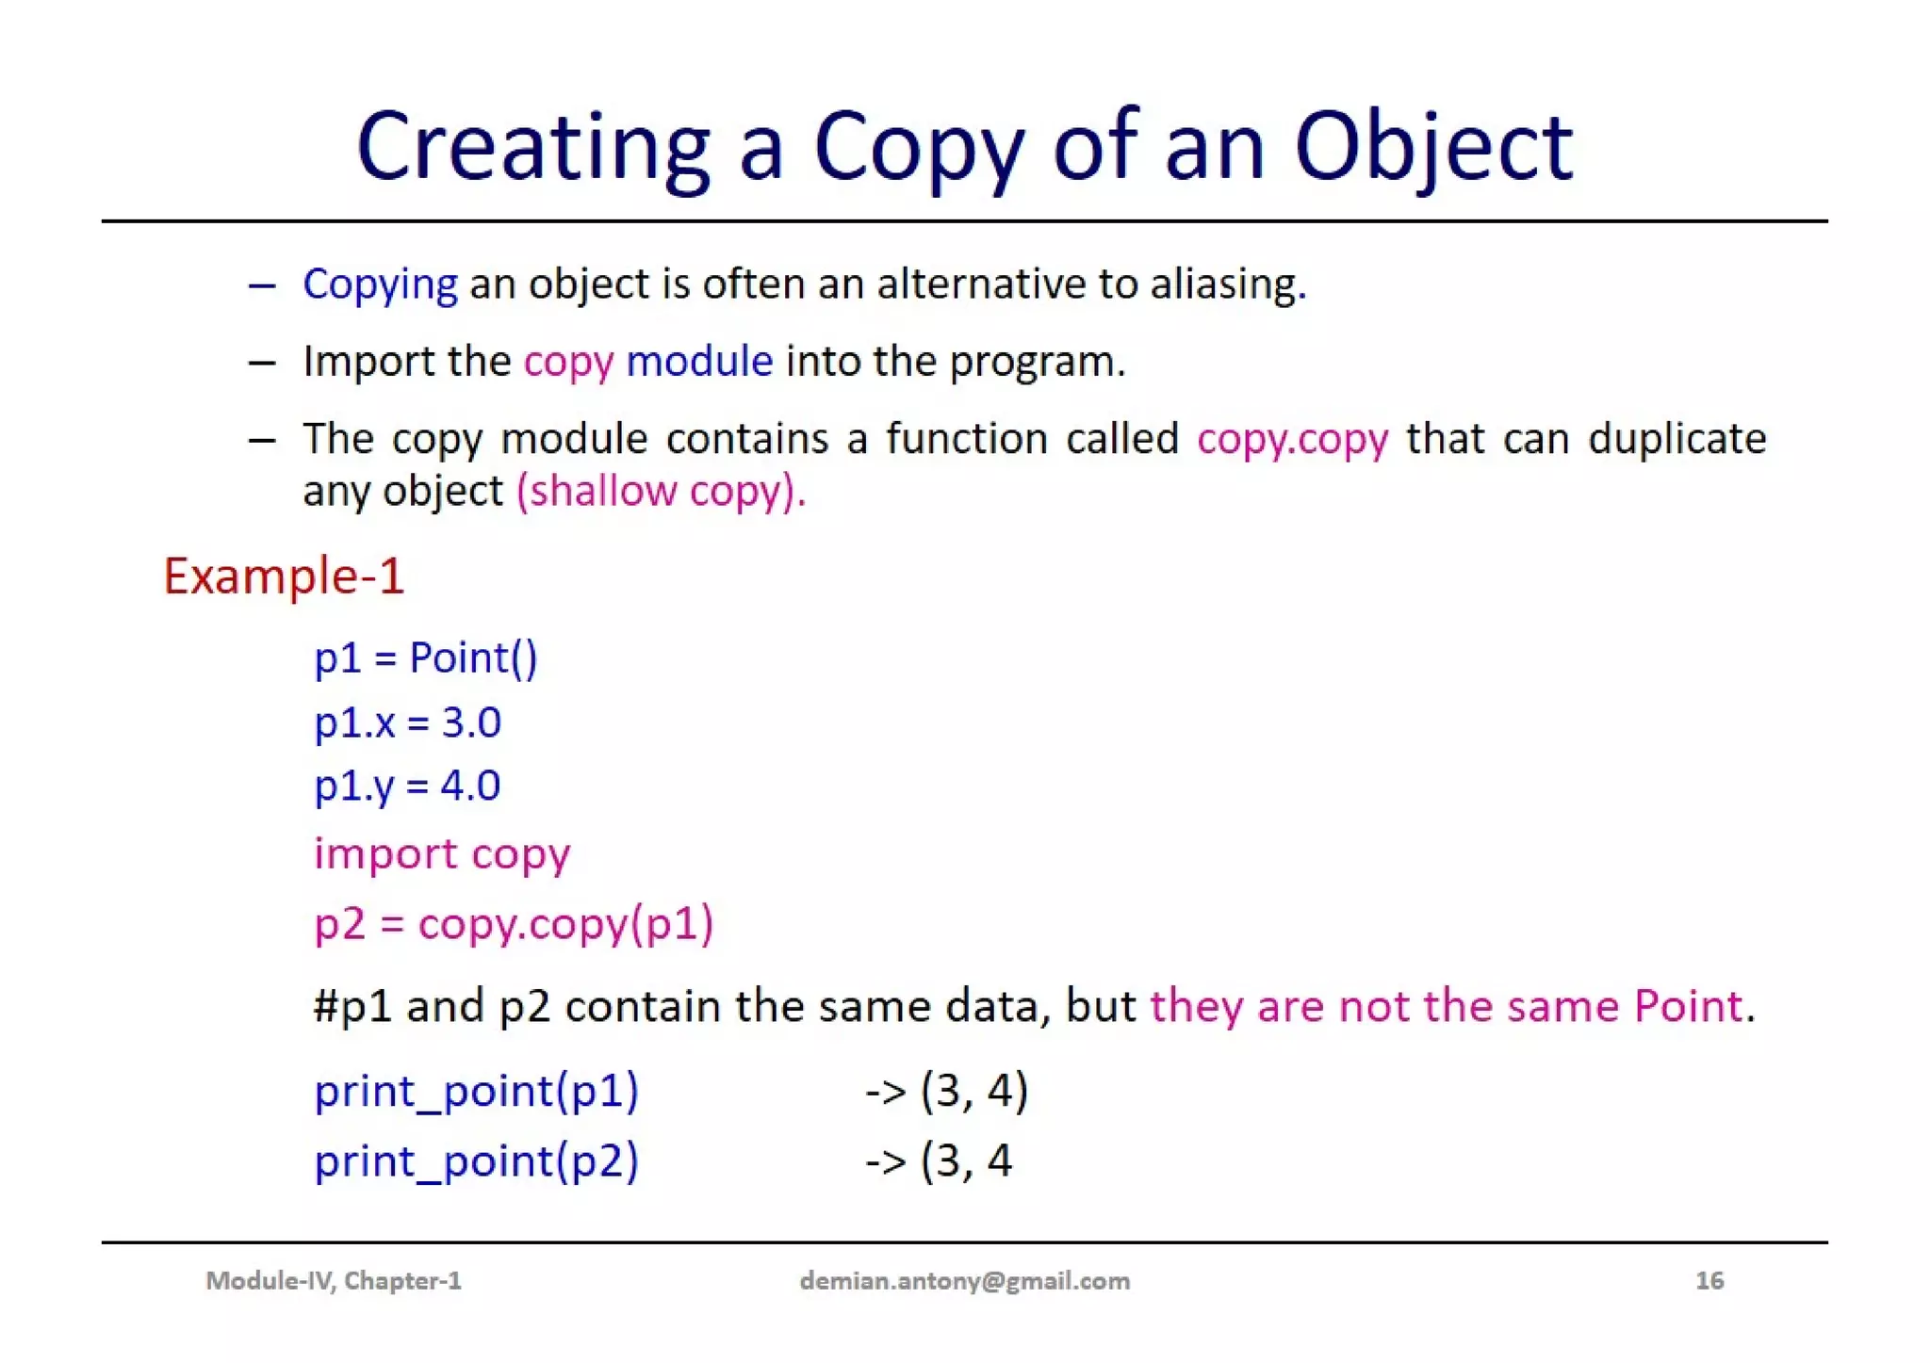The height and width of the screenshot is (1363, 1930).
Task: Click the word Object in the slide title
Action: pos(1432,149)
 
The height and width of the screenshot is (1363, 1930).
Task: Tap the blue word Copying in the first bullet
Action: pos(380,284)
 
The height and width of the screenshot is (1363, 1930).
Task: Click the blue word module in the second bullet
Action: pos(699,362)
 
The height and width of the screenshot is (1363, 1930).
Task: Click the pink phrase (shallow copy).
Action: pos(661,492)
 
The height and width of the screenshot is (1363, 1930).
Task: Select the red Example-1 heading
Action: pos(284,576)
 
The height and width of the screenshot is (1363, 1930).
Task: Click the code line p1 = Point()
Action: pos(425,657)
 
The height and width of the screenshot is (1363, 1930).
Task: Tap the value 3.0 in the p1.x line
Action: pos(471,722)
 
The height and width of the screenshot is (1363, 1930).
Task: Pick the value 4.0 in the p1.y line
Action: pos(470,786)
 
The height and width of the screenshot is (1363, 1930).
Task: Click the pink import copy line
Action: pos(442,854)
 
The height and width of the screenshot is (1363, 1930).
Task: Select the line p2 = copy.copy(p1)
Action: pos(514,923)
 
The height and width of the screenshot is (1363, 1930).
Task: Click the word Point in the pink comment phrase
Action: pos(1688,1006)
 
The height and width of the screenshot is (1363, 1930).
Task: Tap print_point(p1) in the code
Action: pos(476,1091)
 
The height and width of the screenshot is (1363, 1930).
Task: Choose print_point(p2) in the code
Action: pos(476,1160)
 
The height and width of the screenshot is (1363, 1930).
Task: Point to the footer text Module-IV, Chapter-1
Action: pos(334,1281)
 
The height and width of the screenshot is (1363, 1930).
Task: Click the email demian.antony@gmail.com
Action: pos(964,1281)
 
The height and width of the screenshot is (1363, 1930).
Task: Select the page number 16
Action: pos(1709,1281)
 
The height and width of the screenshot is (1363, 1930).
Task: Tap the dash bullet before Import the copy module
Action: pos(262,363)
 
